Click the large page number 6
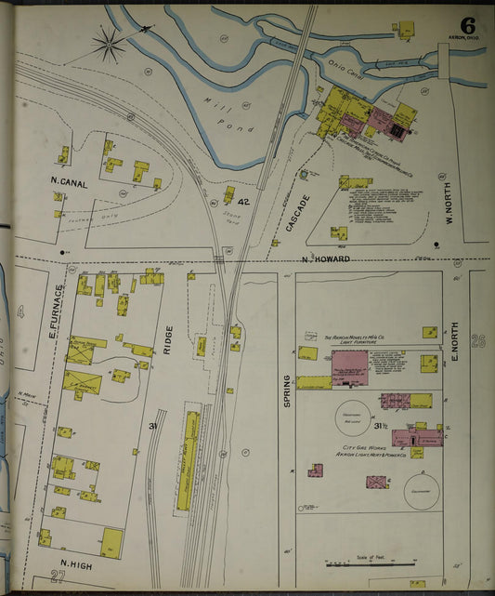click(466, 26)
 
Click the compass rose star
click(110, 41)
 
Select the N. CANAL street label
click(69, 184)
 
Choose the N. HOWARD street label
click(325, 258)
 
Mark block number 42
click(243, 202)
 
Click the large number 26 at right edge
click(478, 340)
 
